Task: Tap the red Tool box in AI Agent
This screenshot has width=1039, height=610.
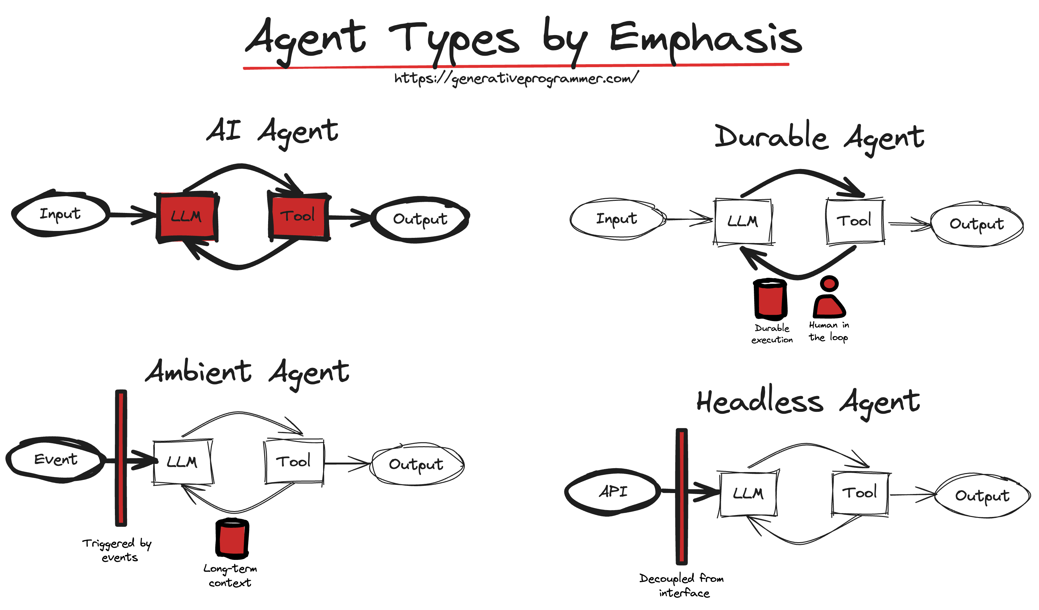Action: pyautogui.click(x=299, y=216)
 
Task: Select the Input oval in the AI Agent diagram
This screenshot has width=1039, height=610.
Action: pyautogui.click(x=61, y=214)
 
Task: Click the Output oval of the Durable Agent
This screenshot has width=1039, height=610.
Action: pyautogui.click(x=976, y=224)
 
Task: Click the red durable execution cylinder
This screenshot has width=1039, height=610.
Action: pyautogui.click(x=770, y=299)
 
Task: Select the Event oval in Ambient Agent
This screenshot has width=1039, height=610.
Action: pyautogui.click(x=56, y=459)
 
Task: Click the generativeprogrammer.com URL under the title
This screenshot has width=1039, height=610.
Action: pyautogui.click(x=516, y=78)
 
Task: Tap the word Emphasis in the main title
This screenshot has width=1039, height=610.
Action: pyautogui.click(x=705, y=39)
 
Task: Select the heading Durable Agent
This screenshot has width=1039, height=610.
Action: pyautogui.click(x=819, y=138)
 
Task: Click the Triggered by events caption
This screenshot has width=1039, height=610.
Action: pyautogui.click(x=118, y=550)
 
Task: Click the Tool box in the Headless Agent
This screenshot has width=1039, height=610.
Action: pyautogui.click(x=860, y=493)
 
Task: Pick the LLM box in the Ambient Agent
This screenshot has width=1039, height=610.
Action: pyautogui.click(x=182, y=462)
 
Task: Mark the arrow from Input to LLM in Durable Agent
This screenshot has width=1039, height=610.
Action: pyautogui.click(x=688, y=219)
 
